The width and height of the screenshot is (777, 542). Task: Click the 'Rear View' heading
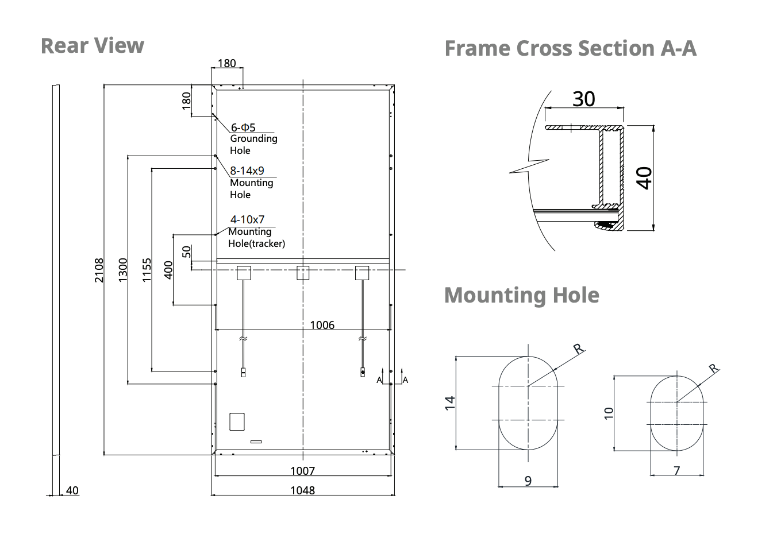click(92, 46)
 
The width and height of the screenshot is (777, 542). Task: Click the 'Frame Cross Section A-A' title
click(570, 48)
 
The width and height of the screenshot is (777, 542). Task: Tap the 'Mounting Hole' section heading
click(521, 295)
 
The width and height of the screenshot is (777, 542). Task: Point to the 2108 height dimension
click(99, 270)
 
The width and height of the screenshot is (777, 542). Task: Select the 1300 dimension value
click(122, 270)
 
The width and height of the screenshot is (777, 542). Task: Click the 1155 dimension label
click(147, 270)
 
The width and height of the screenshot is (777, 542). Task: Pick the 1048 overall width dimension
click(303, 490)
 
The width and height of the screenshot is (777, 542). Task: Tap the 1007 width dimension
click(303, 471)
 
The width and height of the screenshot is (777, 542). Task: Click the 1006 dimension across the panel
click(322, 325)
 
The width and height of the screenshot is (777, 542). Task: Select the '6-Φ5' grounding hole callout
click(243, 127)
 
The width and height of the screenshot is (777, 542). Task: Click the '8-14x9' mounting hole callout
click(247, 171)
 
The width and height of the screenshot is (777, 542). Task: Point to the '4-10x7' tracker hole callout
click(247, 219)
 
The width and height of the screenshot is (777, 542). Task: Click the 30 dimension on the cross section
click(584, 99)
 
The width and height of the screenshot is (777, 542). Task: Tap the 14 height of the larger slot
click(451, 402)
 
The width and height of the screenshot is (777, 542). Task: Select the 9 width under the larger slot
click(528, 481)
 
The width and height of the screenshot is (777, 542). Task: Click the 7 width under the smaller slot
click(677, 471)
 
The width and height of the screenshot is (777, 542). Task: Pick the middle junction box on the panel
click(303, 272)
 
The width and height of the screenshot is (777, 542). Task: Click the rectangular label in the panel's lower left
click(237, 421)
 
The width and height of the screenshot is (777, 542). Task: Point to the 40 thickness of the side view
click(72, 490)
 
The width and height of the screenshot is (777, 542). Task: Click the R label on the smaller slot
click(714, 368)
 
